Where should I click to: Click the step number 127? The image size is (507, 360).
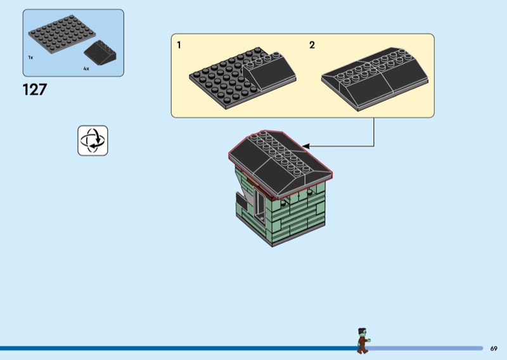[x=35, y=89]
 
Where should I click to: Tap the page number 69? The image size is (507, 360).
[x=494, y=348]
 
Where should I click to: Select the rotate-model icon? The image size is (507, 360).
[x=93, y=140]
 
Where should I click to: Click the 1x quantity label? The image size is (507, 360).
[x=30, y=57]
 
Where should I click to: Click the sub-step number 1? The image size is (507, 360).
[x=179, y=45]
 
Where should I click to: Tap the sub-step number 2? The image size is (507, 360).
[x=312, y=45]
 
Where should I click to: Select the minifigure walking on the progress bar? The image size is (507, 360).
[x=363, y=341]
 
